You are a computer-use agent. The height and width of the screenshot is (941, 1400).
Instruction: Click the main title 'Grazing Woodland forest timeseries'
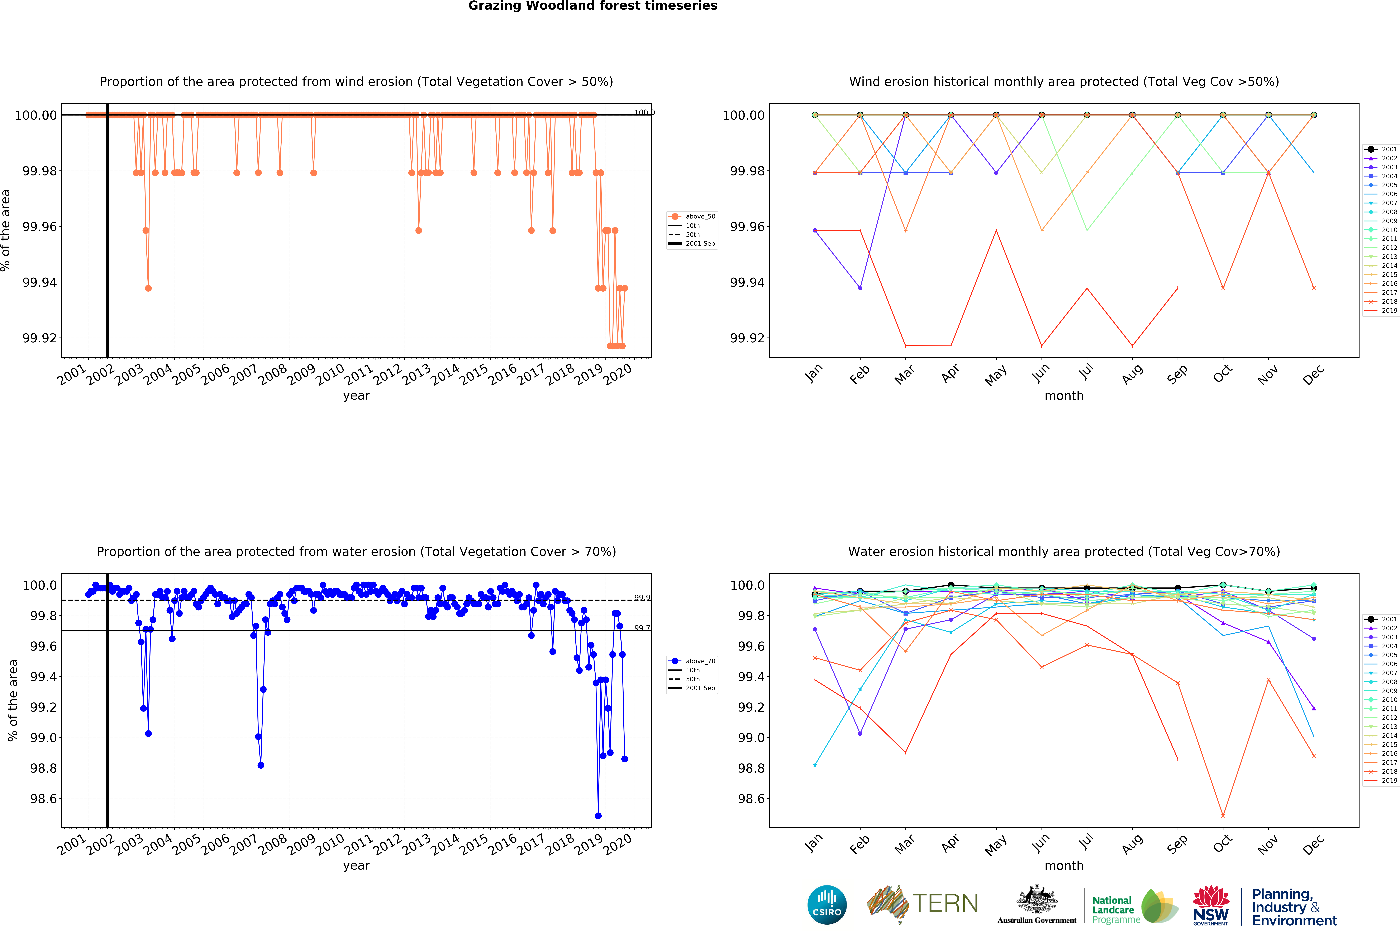tap(593, 6)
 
